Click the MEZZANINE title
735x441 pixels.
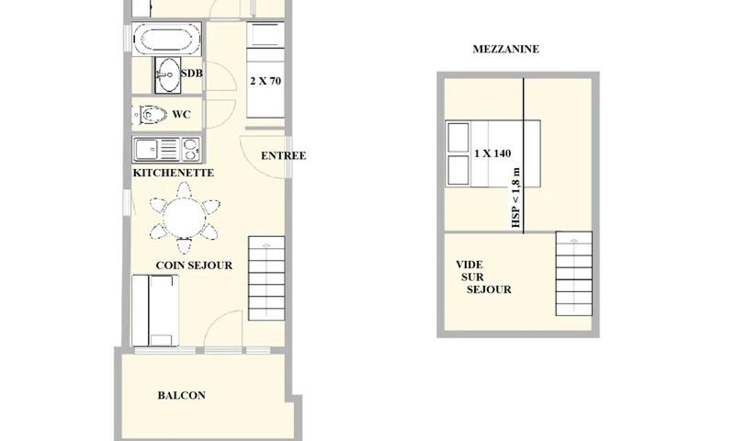(506, 49)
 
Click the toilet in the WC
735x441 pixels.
(151, 114)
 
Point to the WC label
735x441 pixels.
(181, 114)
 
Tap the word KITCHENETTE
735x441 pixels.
(173, 173)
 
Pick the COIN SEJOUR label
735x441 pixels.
(194, 265)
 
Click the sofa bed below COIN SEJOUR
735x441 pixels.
(155, 311)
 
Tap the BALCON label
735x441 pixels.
(181, 395)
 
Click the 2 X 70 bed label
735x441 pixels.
(265, 81)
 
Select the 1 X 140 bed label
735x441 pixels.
(492, 154)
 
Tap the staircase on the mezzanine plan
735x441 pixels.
(574, 273)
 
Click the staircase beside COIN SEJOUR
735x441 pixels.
(266, 278)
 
